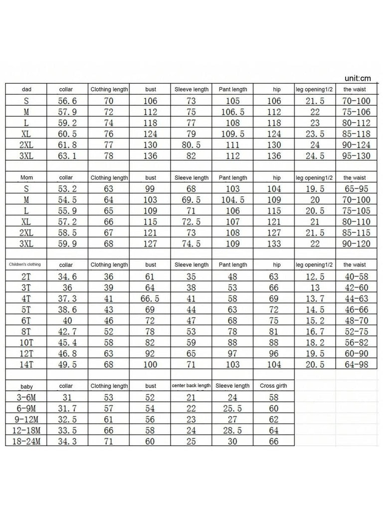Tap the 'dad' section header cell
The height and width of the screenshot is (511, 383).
[x=26, y=89]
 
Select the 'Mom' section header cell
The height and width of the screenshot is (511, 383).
[x=26, y=178]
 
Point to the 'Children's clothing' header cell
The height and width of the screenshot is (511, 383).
[x=26, y=264]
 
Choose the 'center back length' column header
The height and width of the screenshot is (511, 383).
[x=191, y=386]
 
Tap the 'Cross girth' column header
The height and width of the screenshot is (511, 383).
[x=274, y=386]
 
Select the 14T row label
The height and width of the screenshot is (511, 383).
[x=26, y=365]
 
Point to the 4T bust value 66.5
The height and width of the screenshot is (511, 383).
[x=150, y=298]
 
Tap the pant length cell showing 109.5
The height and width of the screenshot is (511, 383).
[x=232, y=133]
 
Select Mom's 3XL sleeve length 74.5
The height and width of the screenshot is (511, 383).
[x=191, y=244]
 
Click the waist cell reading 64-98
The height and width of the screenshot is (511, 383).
[x=356, y=365]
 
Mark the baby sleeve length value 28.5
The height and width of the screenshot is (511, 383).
[x=232, y=430]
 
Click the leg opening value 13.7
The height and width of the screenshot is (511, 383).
[x=315, y=298]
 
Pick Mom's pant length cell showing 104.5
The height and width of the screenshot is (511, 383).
[x=232, y=200]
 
